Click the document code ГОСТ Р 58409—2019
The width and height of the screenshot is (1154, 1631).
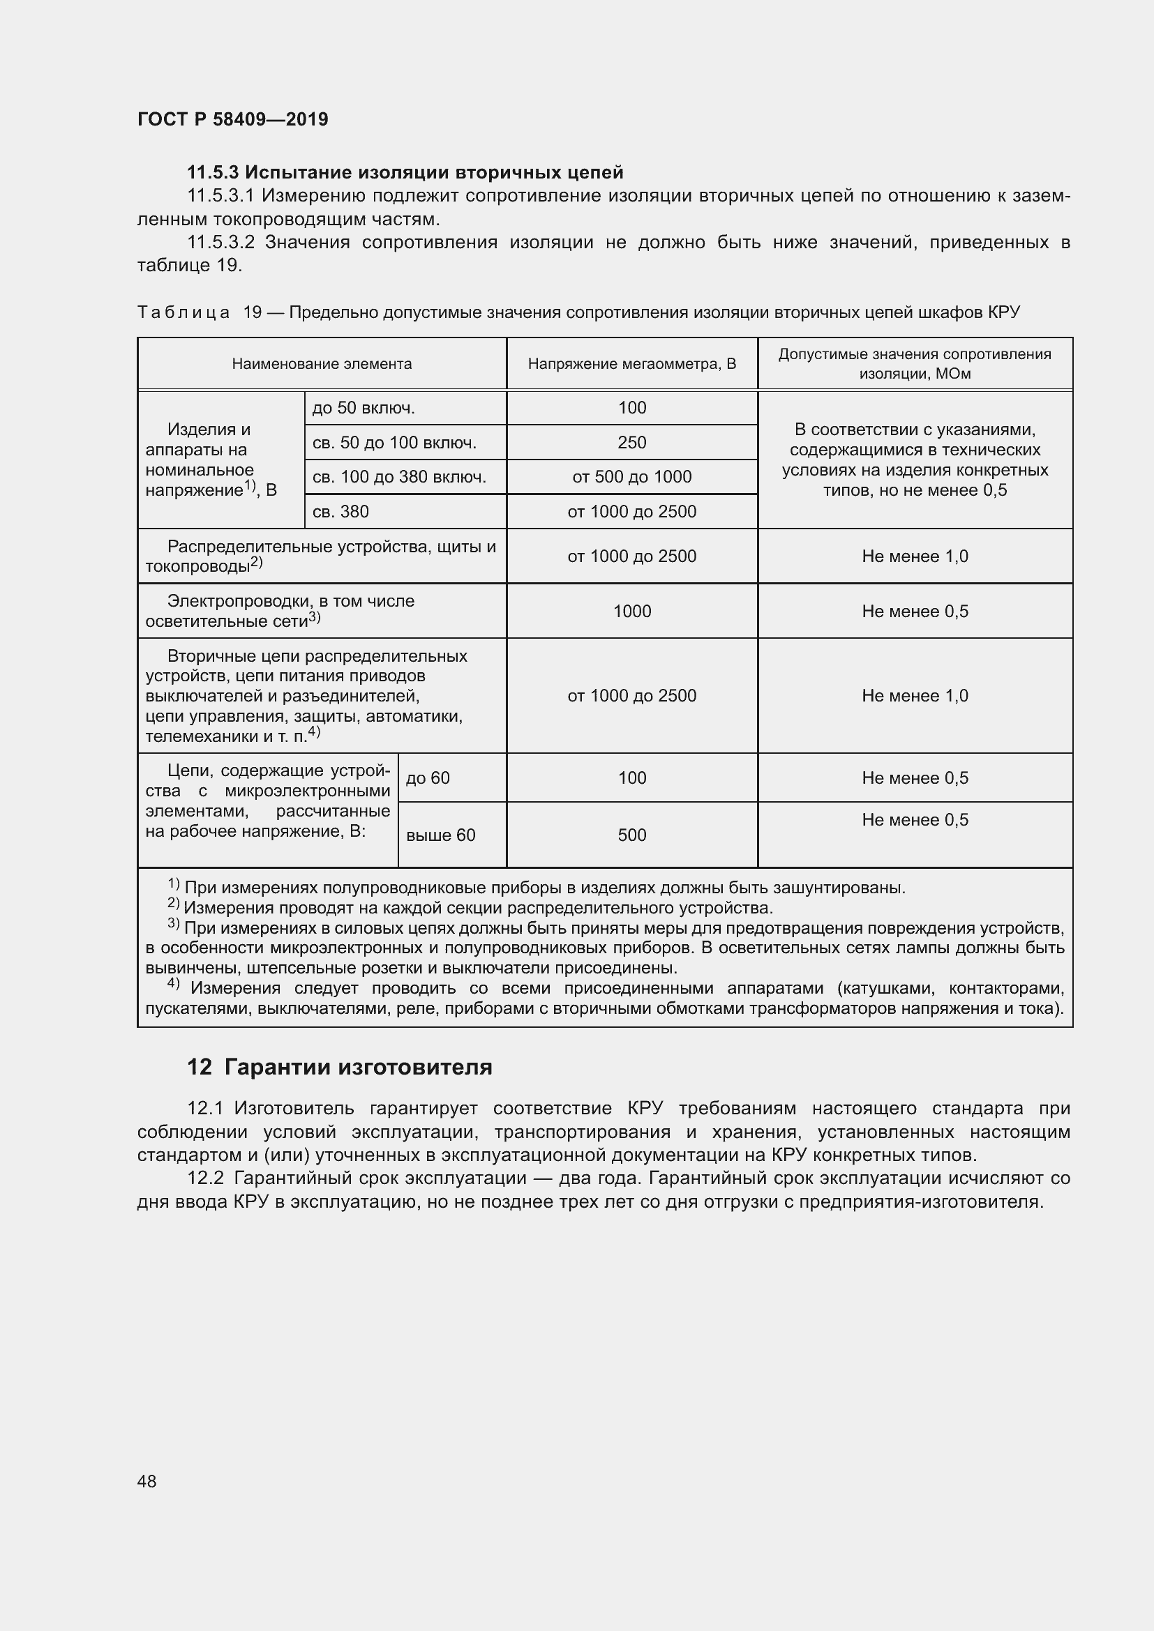pyautogui.click(x=232, y=119)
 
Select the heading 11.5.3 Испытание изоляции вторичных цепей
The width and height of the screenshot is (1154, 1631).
pyautogui.click(x=405, y=172)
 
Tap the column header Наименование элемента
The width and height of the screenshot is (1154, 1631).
pyautogui.click(x=322, y=364)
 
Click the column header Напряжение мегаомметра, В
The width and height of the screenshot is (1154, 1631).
pyautogui.click(x=631, y=364)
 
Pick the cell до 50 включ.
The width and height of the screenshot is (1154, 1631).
pyautogui.click(x=364, y=408)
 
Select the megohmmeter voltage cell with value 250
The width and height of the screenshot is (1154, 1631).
pyautogui.click(x=631, y=443)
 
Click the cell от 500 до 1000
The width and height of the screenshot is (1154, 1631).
pyautogui.click(x=631, y=477)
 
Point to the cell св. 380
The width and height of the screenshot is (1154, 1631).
pyautogui.click(x=341, y=511)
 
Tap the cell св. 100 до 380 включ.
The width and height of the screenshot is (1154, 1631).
pyautogui.click(x=399, y=477)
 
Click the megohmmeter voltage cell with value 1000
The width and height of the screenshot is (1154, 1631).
pyautogui.click(x=631, y=611)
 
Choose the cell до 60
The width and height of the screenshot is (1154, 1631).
pyautogui.click(x=428, y=778)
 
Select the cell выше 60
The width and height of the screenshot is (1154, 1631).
pyautogui.click(x=440, y=835)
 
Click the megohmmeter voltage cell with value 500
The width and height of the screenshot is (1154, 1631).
pyautogui.click(x=631, y=835)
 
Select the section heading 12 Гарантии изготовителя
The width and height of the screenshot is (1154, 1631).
pyautogui.click(x=340, y=1067)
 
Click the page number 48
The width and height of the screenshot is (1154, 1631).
pyautogui.click(x=147, y=1481)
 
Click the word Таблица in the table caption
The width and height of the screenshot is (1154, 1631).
pyautogui.click(x=183, y=312)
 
